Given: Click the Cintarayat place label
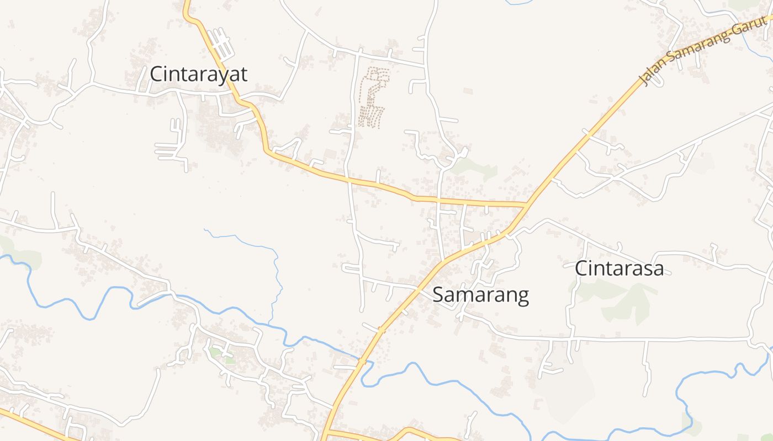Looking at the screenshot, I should coord(199,74).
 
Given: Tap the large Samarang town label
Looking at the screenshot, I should coord(480,295).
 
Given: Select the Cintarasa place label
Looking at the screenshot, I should coord(619,268).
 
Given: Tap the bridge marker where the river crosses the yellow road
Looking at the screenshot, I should coord(362,362).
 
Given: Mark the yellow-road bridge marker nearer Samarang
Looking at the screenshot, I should coord(382,330).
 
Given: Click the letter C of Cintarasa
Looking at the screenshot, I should coord(581,268).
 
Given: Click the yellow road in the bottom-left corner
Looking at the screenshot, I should coord(33,424).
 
